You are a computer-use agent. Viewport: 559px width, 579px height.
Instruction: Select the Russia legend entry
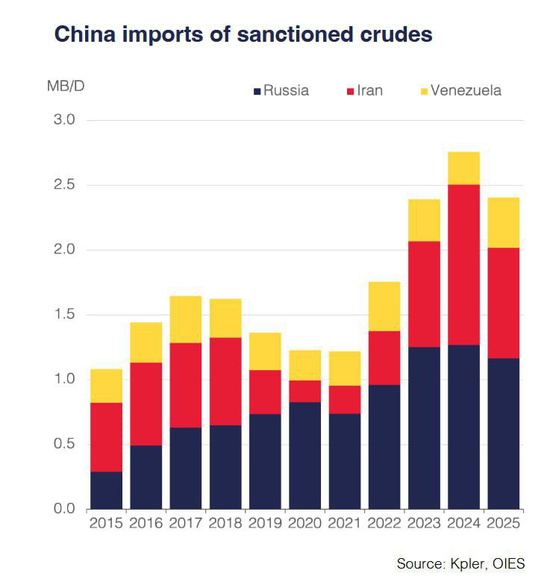pyautogui.click(x=281, y=91)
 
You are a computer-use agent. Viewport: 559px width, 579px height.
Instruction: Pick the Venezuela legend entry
pyautogui.click(x=460, y=91)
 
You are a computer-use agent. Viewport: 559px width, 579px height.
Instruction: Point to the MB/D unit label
pyautogui.click(x=66, y=86)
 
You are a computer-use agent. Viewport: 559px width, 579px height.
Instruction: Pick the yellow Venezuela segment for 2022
pyautogui.click(x=384, y=306)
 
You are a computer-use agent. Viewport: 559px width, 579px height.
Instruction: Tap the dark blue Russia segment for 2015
pyautogui.click(x=106, y=490)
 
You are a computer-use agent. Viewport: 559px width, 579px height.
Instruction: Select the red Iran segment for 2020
pyautogui.click(x=305, y=391)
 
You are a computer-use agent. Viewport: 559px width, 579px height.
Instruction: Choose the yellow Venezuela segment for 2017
pyautogui.click(x=185, y=319)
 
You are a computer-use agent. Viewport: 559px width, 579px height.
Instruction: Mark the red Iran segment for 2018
pyautogui.click(x=225, y=381)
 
